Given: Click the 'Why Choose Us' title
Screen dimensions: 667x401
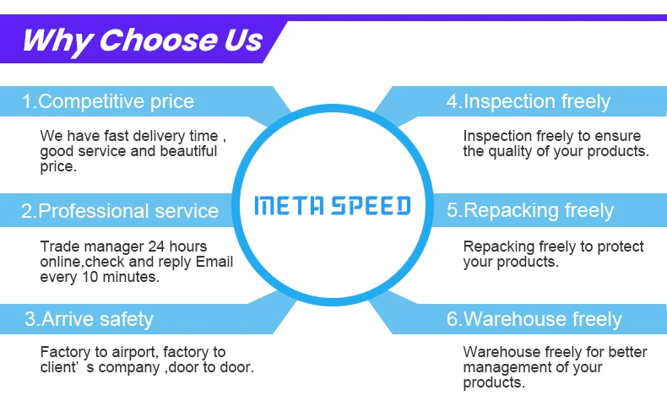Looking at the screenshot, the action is (142, 40).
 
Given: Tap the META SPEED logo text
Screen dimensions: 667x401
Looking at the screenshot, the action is (333, 205).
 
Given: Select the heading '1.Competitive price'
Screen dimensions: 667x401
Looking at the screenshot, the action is (107, 102).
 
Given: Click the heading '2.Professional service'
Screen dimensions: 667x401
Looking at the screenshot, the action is (119, 211).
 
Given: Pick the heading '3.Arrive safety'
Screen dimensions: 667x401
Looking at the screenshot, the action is (89, 319).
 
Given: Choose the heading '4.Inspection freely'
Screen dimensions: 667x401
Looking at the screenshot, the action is (528, 102).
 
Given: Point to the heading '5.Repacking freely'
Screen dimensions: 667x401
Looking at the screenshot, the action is (529, 211).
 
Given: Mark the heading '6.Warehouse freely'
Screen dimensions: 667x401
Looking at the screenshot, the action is (534, 319).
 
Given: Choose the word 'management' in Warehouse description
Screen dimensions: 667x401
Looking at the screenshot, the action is (509, 367).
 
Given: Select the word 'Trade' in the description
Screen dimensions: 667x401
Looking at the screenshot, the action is (59, 247).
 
